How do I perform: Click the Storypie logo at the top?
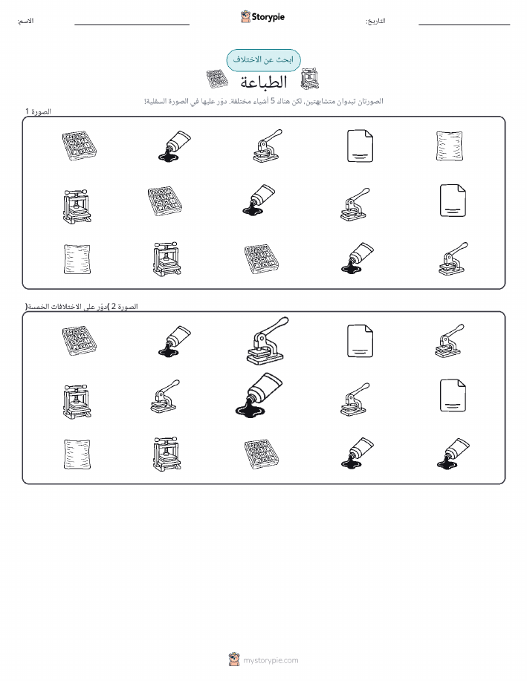click(262, 17)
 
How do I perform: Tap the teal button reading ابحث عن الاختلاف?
click(263, 60)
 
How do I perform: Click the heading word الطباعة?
click(264, 82)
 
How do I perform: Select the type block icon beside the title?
click(217, 79)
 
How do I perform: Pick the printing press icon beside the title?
click(310, 79)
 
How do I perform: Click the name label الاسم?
click(25, 21)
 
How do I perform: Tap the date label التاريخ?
click(375, 21)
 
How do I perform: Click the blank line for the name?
click(132, 25)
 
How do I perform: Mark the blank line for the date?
click(464, 25)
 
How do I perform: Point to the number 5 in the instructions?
click(273, 101)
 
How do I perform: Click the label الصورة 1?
click(38, 111)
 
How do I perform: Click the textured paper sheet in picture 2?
click(77, 454)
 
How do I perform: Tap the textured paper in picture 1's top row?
click(449, 146)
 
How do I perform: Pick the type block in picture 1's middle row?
click(164, 201)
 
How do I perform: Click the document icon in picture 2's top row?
click(360, 341)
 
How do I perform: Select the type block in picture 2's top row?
click(79, 341)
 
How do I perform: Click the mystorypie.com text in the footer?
click(271, 660)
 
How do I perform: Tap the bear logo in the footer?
click(234, 659)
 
